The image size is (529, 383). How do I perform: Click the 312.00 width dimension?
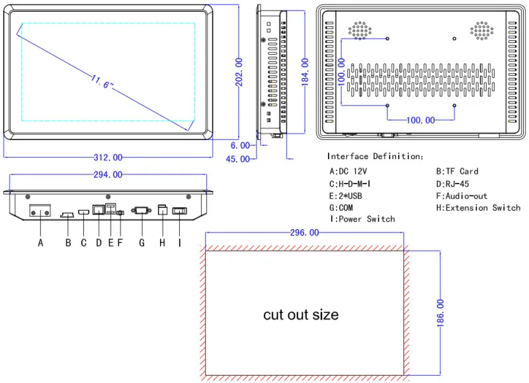click(x=108, y=157)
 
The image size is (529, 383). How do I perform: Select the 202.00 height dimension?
click(x=239, y=72)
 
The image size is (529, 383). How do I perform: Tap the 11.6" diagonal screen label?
click(x=102, y=82)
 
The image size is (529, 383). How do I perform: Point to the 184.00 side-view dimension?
click(x=305, y=71)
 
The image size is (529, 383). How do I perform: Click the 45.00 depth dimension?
click(x=238, y=159)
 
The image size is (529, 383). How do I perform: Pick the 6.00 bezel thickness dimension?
click(x=240, y=145)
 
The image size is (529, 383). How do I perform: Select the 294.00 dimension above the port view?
click(x=108, y=174)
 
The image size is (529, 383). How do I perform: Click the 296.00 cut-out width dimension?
click(x=304, y=232)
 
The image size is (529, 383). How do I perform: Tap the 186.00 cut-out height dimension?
click(x=440, y=313)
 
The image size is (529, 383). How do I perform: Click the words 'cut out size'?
click(x=301, y=314)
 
